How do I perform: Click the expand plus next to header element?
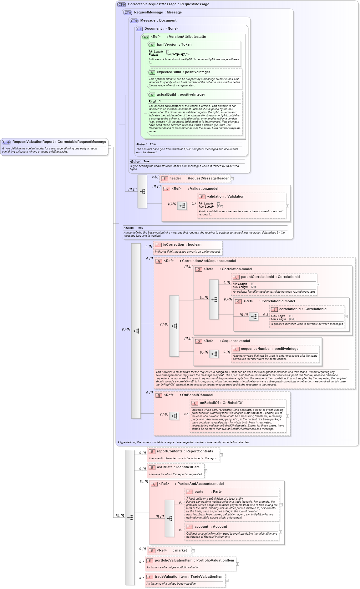(x=232, y=179)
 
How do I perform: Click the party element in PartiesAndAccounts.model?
(x=199, y=492)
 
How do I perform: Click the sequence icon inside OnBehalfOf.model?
(x=174, y=416)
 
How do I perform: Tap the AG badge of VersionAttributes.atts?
(x=146, y=37)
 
